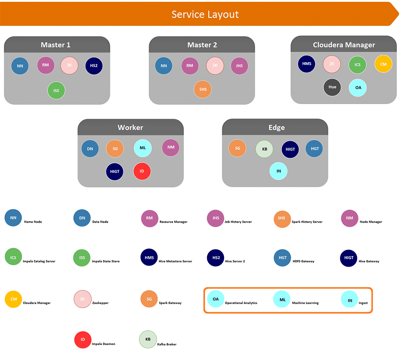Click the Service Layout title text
click(x=205, y=14)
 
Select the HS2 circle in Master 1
click(x=94, y=66)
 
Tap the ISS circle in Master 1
click(x=56, y=91)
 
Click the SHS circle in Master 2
click(x=203, y=89)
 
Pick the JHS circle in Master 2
click(x=239, y=66)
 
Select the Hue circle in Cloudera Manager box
click(x=332, y=87)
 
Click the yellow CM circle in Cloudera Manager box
click(x=383, y=64)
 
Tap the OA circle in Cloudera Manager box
click(x=358, y=88)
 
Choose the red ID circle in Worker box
click(x=142, y=171)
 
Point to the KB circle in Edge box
click(x=264, y=149)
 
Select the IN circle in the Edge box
click(x=278, y=171)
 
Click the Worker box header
click(x=130, y=127)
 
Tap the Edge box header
click(x=276, y=127)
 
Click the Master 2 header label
click(x=202, y=45)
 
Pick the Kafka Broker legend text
click(x=167, y=344)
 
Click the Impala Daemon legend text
click(x=103, y=344)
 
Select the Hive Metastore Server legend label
click(x=175, y=261)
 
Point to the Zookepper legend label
click(x=100, y=303)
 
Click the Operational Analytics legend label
click(x=241, y=303)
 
